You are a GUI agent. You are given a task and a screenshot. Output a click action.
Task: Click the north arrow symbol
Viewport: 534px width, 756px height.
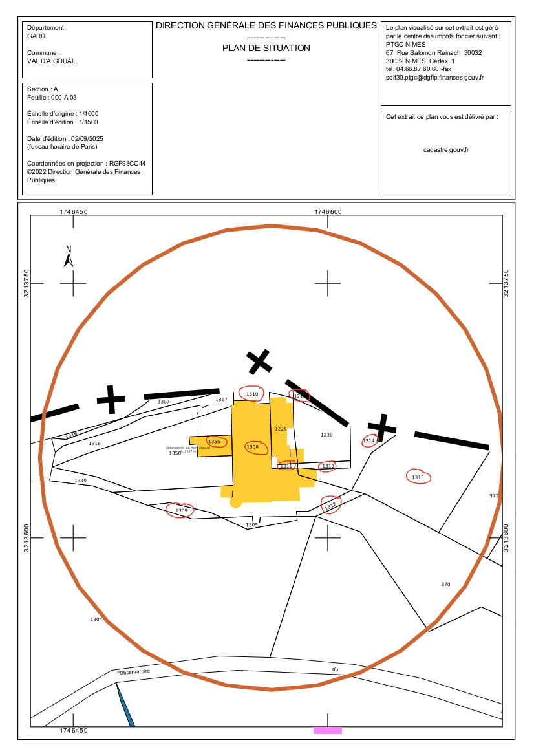pos(68,257)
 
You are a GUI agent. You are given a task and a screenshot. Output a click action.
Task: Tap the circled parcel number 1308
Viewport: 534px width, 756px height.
pos(252,447)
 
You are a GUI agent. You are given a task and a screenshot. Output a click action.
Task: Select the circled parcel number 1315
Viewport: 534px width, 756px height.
pos(418,477)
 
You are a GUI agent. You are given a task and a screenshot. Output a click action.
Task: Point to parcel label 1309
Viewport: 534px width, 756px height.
pos(181,511)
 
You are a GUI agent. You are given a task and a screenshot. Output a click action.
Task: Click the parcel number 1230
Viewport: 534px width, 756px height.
pos(326,435)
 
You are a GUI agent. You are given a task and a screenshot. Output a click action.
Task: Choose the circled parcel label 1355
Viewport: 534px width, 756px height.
pos(214,442)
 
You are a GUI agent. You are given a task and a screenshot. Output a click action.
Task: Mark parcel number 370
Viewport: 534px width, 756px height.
pos(445,585)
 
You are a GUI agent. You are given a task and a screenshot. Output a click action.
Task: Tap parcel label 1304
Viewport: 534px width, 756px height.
pos(96,620)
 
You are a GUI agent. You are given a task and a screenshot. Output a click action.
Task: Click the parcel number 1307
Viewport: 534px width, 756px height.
pos(164,402)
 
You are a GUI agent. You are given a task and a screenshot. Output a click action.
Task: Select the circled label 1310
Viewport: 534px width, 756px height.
pos(252,394)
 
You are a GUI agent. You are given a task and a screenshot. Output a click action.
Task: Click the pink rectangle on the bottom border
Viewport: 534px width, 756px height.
pos(328,731)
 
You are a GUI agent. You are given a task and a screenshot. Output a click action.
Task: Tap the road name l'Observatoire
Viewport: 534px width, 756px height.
pos(134,673)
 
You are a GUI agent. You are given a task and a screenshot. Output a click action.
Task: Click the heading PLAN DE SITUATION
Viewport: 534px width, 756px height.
pos(266,48)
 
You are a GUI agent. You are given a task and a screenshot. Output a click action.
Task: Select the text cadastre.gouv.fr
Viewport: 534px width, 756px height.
pos(446,149)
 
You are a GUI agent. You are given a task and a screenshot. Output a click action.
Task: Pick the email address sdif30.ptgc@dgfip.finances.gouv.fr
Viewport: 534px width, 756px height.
pos(434,77)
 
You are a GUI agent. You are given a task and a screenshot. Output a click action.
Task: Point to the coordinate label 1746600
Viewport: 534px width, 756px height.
pos(327,212)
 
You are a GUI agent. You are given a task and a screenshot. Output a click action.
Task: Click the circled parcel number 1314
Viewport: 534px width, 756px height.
pos(368,441)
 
